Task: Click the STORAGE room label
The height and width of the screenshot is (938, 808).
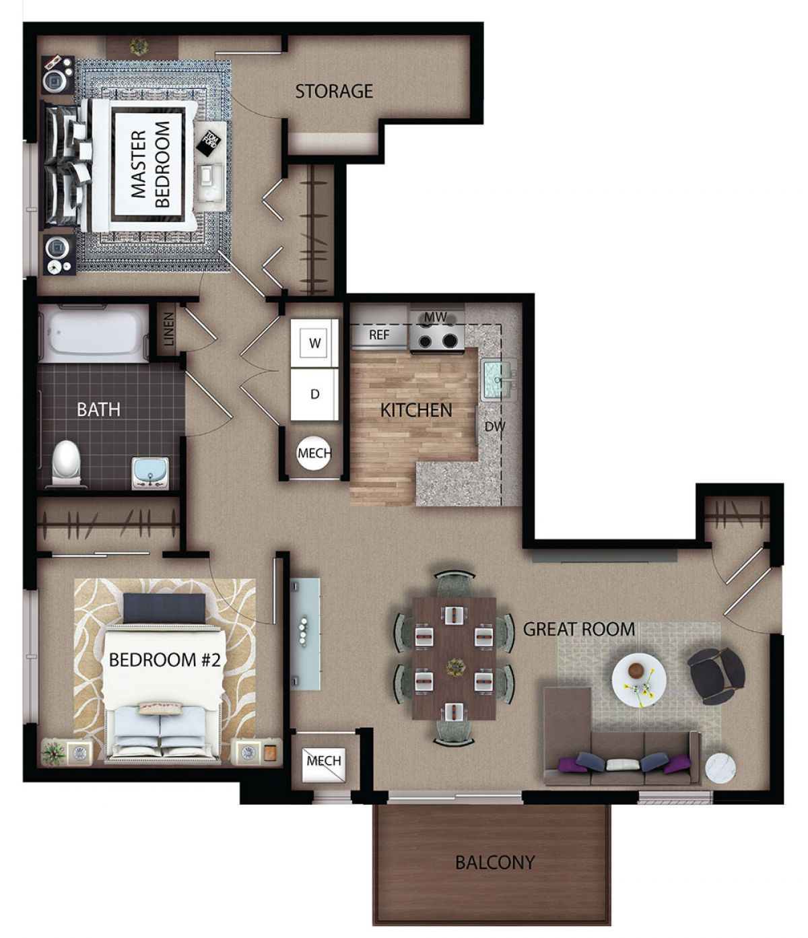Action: pos(334,91)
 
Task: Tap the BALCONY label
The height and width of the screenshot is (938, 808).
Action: pos(495,862)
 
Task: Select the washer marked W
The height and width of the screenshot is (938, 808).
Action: pos(314,343)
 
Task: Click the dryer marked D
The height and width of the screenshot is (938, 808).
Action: pos(314,394)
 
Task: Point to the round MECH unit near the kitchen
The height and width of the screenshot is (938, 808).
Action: pos(314,453)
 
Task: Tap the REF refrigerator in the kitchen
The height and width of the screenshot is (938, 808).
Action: pos(379,335)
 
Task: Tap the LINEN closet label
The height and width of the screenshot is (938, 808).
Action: pos(168,329)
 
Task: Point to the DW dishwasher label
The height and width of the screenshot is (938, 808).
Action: pos(494,426)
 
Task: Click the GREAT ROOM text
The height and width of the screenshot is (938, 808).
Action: pos(579,629)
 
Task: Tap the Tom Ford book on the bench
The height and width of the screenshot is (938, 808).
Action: pos(210,143)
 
